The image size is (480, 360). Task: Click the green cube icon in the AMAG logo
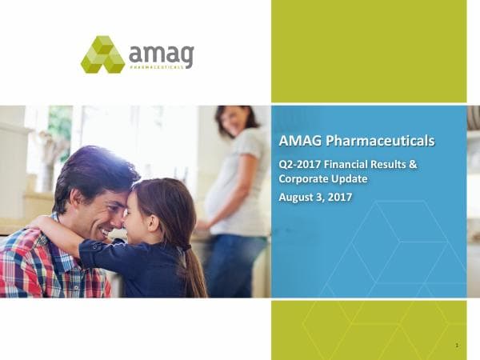coord(102,54)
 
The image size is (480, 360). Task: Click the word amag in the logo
coord(161,54)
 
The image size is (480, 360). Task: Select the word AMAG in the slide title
coord(300,142)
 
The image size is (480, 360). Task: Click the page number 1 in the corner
coord(455,346)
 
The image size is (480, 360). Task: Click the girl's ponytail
coord(195,272)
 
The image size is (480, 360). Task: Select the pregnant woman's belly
coord(217,200)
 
